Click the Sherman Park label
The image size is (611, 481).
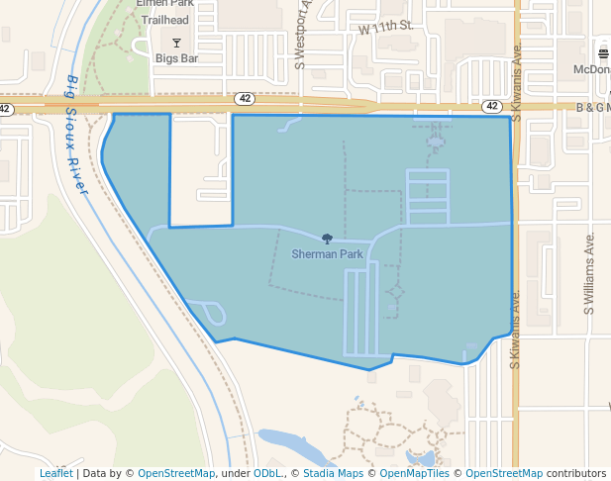click(x=327, y=254)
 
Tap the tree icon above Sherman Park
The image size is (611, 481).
click(x=327, y=239)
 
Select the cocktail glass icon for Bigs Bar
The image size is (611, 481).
click(x=176, y=42)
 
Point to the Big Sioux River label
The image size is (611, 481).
click(x=75, y=133)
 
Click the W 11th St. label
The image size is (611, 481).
click(x=385, y=27)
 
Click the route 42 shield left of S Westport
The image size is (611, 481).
click(x=246, y=98)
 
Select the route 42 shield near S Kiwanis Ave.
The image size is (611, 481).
click(x=491, y=105)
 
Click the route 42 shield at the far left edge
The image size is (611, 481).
click(x=5, y=108)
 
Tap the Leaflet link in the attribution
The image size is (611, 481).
click(x=55, y=474)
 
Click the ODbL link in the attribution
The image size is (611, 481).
click(x=266, y=474)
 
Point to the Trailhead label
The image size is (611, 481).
click(x=164, y=19)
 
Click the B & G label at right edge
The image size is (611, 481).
click(x=593, y=106)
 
